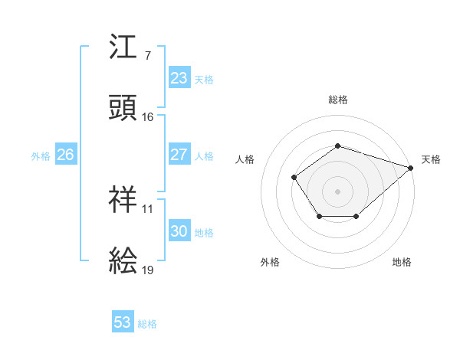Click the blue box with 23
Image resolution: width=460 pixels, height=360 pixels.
tap(179, 78)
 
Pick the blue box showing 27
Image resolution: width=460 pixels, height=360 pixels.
tap(179, 155)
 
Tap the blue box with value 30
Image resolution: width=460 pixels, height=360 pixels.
tap(179, 231)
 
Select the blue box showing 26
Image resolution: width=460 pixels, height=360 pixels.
tap(65, 155)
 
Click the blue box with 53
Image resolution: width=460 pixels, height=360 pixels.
tap(123, 322)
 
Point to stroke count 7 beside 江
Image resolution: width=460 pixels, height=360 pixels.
tap(147, 56)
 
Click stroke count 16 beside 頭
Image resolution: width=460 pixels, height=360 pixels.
tap(148, 117)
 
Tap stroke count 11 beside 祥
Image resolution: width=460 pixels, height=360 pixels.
tap(148, 208)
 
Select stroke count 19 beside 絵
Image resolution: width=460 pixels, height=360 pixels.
tap(148, 270)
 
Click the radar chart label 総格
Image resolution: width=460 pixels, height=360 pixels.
tap(338, 100)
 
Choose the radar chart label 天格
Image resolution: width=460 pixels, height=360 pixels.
tap(431, 159)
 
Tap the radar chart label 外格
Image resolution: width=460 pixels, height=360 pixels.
tap(270, 262)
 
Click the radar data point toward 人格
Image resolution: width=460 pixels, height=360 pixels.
tap(294, 178)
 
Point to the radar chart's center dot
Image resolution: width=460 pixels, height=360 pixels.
tap(338, 191)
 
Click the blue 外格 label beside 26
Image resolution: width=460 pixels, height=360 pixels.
tap(41, 155)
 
